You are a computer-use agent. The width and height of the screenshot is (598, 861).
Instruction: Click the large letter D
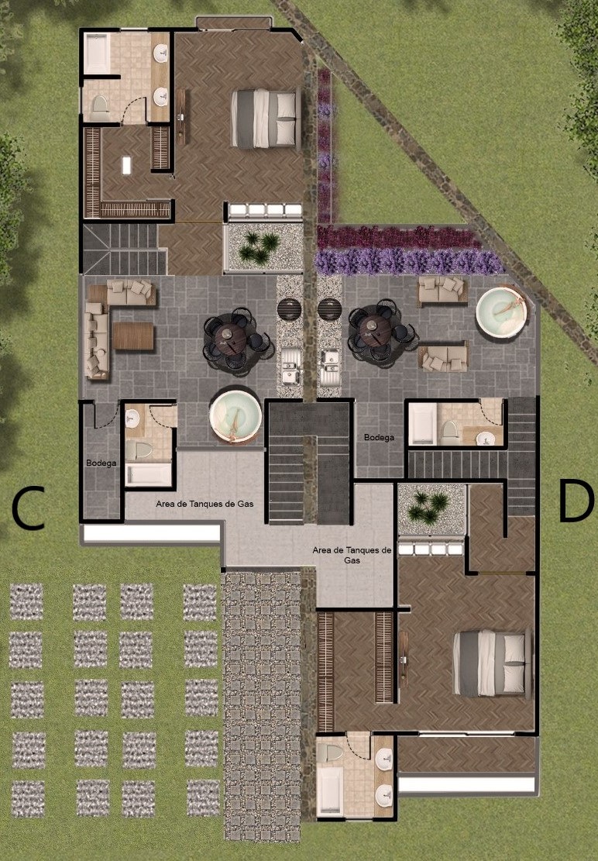click(576, 500)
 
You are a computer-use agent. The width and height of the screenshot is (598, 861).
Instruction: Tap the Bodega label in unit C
click(101, 463)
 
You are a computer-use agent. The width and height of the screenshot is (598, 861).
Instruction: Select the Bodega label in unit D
click(379, 438)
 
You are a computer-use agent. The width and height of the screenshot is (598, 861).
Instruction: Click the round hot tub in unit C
click(235, 415)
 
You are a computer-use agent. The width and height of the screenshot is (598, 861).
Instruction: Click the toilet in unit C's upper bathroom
click(100, 106)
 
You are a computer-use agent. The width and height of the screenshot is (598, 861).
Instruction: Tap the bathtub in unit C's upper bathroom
click(98, 53)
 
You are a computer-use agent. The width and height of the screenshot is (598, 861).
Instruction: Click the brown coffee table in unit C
click(133, 336)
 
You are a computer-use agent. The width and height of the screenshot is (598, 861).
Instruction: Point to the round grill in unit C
click(289, 309)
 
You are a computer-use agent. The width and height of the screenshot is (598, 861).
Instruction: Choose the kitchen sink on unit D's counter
click(330, 367)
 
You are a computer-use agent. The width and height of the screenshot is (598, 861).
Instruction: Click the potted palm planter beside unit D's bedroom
click(431, 509)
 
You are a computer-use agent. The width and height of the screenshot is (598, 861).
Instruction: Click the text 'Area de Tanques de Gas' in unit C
click(204, 504)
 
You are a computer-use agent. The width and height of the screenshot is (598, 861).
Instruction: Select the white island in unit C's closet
click(127, 165)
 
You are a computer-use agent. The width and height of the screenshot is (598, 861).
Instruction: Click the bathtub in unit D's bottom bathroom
click(330, 790)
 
